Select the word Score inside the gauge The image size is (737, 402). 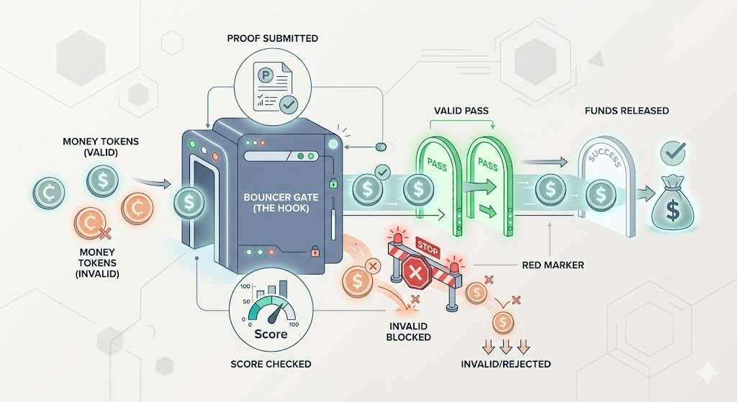coord(271,334)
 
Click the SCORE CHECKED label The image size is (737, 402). coord(271,364)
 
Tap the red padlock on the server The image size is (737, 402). coord(314,252)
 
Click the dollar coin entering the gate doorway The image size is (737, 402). coord(189,201)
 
